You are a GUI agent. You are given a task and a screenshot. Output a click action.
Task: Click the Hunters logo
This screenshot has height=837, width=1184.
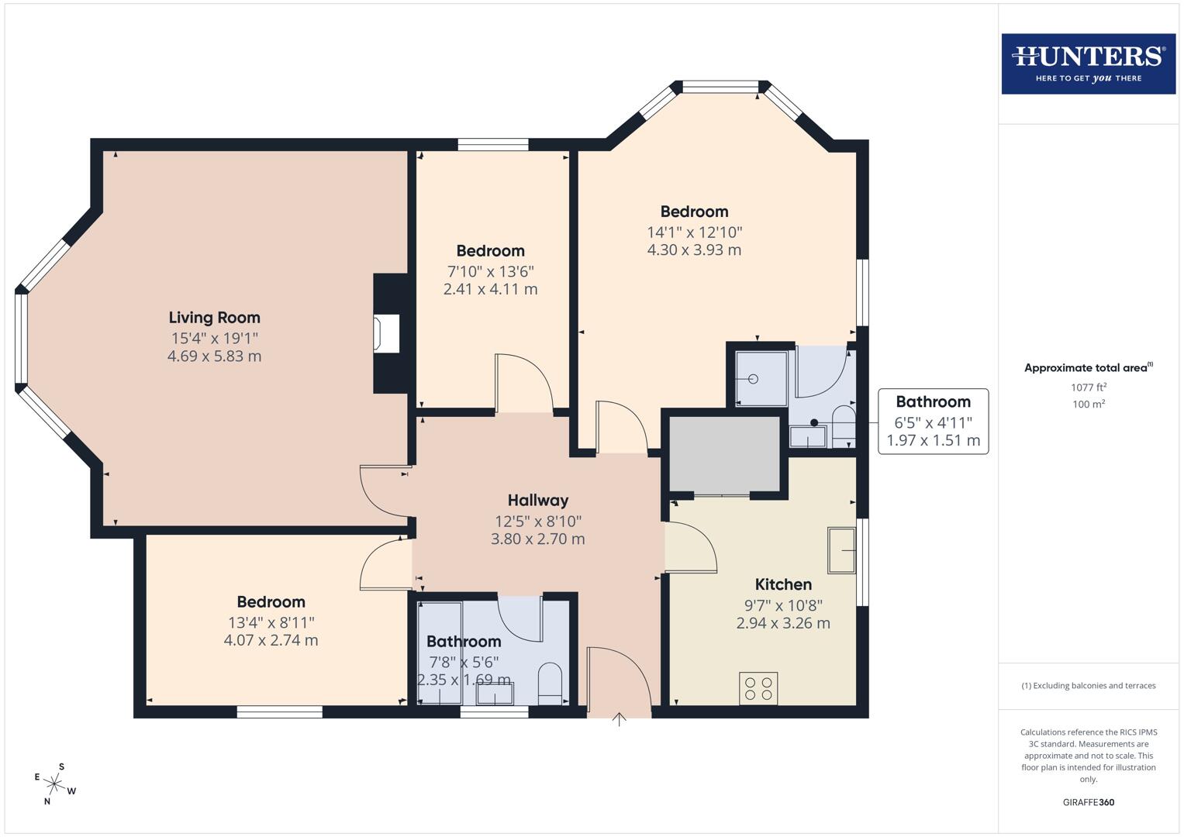[1088, 64]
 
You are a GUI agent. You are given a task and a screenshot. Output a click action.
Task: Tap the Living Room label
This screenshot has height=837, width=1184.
[214, 318]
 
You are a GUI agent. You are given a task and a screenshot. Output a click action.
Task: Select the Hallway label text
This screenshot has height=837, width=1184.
[538, 501]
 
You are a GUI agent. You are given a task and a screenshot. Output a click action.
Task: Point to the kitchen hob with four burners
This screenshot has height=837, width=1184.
[758, 688]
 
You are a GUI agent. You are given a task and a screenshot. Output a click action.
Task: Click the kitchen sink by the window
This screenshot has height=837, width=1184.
[841, 550]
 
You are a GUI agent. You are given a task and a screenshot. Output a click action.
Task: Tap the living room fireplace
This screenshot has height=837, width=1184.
[386, 334]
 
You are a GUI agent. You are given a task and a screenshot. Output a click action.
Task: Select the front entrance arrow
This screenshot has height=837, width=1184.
[619, 719]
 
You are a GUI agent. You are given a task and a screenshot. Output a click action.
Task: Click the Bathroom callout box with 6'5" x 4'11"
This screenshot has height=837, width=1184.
[933, 422]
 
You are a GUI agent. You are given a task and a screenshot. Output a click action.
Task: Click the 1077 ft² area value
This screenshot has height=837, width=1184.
[1088, 387]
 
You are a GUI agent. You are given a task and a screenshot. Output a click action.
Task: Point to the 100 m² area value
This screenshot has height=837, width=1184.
[1088, 405]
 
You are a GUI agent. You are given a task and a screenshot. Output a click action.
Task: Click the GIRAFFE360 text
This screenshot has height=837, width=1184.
[1088, 802]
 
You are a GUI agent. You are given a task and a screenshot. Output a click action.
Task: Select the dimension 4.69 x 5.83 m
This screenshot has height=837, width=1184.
[214, 356]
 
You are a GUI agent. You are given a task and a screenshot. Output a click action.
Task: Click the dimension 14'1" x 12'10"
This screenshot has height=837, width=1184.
[694, 232]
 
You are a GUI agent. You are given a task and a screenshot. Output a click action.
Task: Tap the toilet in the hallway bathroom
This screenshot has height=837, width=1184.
[550, 683]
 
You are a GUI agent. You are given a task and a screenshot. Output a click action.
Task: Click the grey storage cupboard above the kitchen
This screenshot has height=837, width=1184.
[724, 454]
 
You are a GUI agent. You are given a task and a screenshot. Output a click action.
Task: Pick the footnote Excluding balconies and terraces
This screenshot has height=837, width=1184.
[1088, 686]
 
